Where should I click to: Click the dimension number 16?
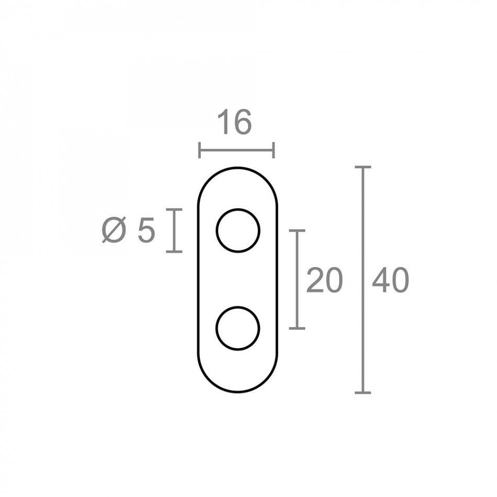click(235, 122)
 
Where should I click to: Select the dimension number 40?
click(390, 280)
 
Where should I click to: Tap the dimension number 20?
click(324, 280)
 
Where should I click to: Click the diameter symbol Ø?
click(114, 230)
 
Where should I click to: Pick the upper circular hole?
click(238, 209)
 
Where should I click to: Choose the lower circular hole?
click(238, 307)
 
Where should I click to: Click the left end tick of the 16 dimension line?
click(199, 150)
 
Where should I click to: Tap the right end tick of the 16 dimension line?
click(274, 150)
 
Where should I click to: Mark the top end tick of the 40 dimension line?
click(363, 167)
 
